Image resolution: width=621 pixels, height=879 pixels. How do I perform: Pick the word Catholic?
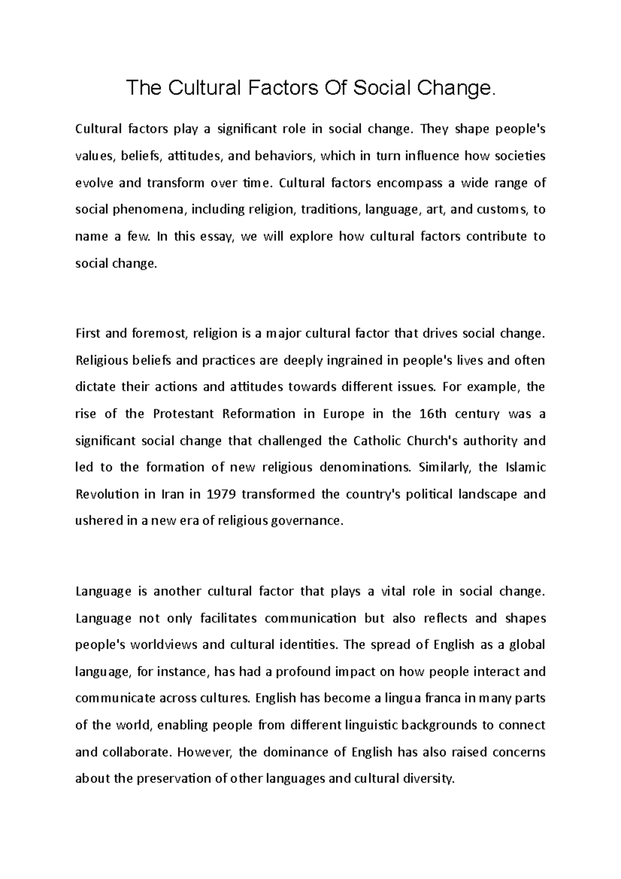coord(377,441)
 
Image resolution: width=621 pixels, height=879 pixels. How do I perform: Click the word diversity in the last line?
coord(428,779)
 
